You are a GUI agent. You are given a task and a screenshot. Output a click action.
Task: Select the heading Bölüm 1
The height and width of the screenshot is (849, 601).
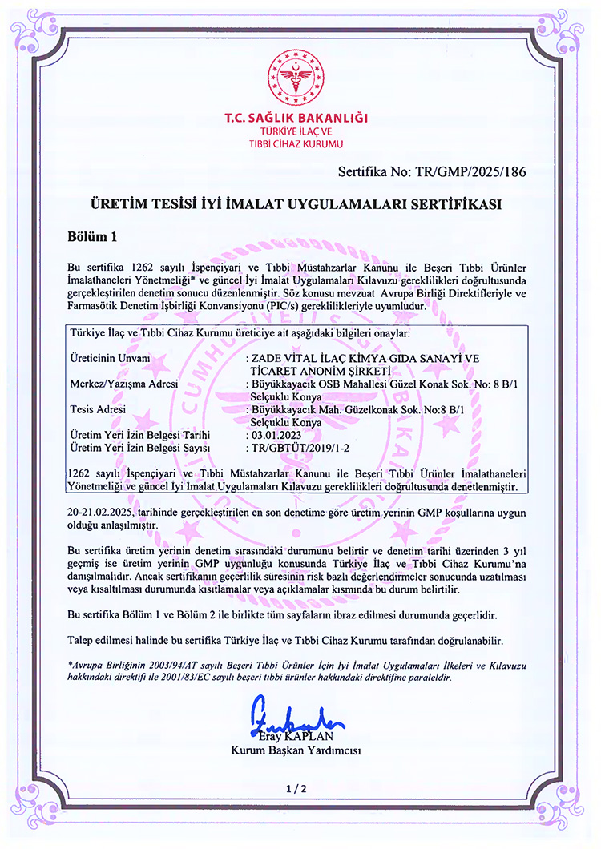pyautogui.click(x=93, y=237)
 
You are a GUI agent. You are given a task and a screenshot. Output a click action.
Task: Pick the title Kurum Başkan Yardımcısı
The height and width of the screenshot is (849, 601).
pyautogui.click(x=296, y=750)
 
